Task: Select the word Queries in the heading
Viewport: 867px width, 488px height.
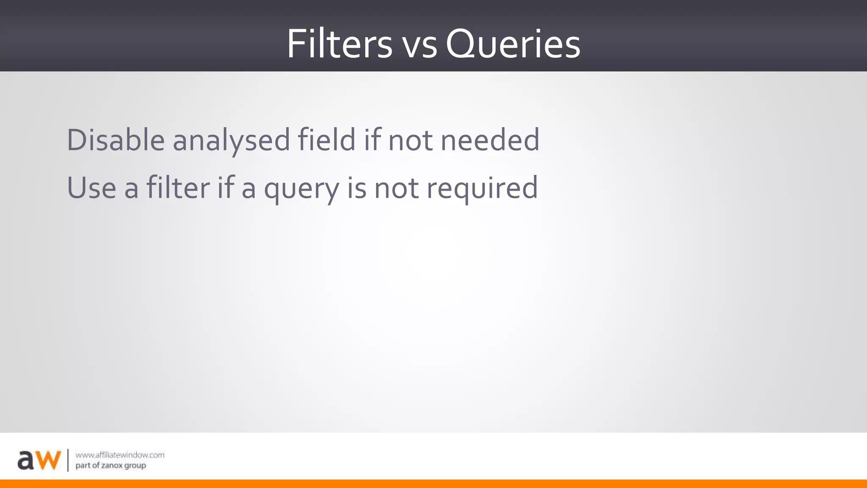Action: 513,44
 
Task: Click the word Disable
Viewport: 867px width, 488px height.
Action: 116,140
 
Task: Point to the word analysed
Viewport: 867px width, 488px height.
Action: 231,141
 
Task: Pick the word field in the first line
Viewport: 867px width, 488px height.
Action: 326,140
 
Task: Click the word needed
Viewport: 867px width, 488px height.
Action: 490,140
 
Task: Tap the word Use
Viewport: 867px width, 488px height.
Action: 91,188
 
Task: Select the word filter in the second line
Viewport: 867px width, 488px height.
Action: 178,188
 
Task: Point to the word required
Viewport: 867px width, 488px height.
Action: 482,189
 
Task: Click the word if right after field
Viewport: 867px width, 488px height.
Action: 372,140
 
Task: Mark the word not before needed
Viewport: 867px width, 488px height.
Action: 410,141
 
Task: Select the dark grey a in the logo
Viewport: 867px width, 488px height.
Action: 26,460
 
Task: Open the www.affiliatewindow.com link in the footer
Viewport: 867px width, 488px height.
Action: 120,455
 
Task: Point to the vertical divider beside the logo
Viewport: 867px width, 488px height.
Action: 68,460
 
